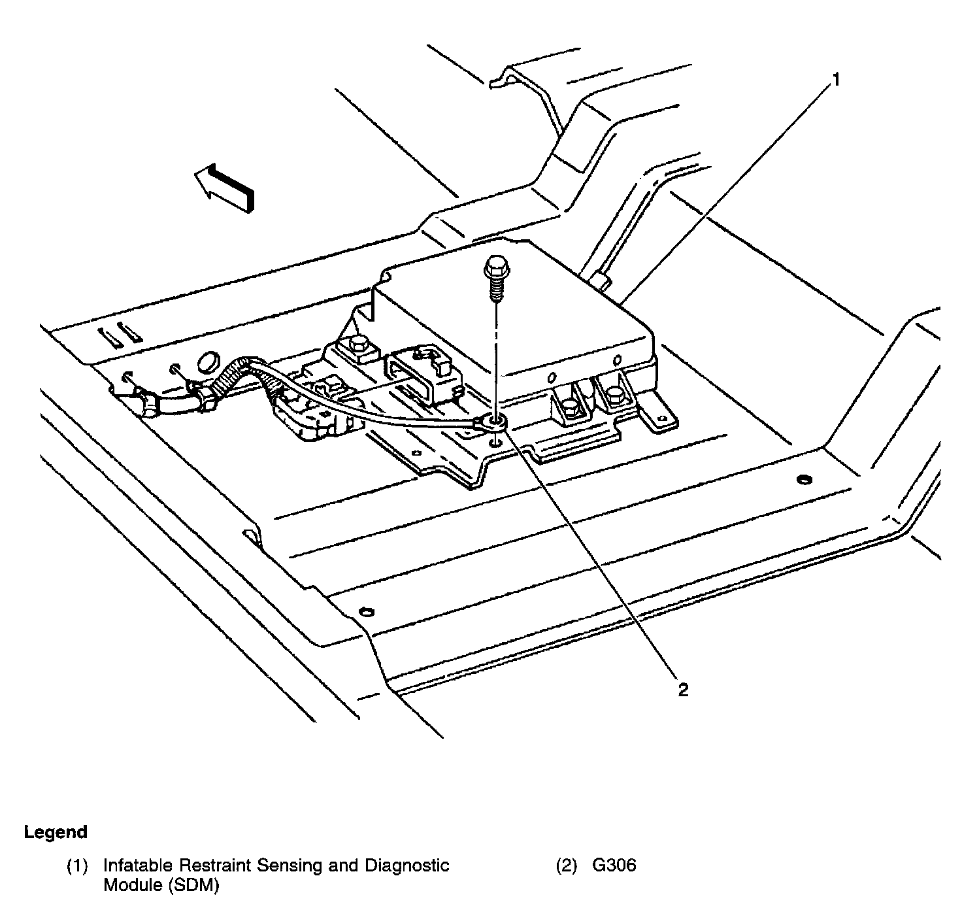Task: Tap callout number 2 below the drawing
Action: click(682, 690)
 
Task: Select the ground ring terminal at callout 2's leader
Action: click(496, 423)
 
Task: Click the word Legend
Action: click(56, 832)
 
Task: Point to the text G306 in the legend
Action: click(614, 866)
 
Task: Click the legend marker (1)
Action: click(76, 866)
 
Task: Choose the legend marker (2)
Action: click(567, 866)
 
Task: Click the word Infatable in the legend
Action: click(138, 866)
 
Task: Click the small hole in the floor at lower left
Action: click(365, 612)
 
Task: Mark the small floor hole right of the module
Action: click(804, 480)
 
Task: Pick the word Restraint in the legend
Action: click(214, 866)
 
